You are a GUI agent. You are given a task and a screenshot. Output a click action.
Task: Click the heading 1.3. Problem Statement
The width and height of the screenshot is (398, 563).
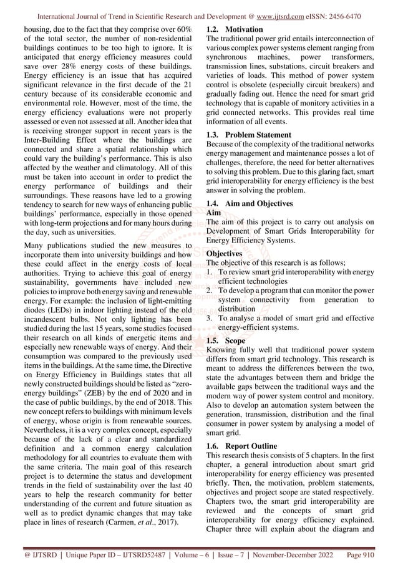pyautogui.click(x=248, y=135)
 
